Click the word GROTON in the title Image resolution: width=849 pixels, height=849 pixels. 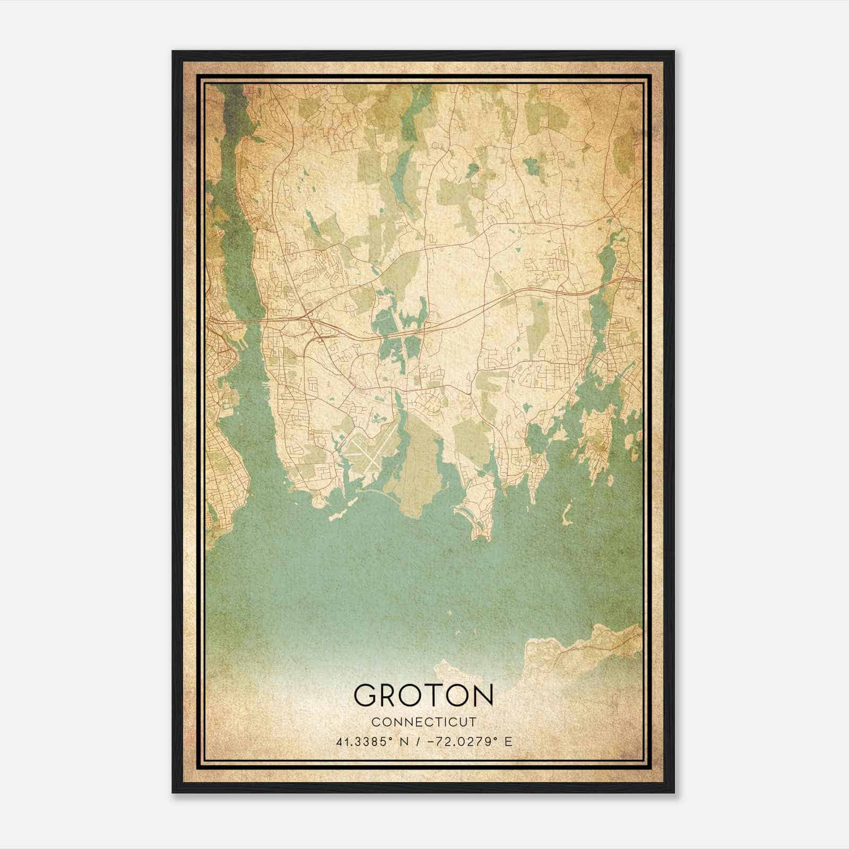click(x=423, y=695)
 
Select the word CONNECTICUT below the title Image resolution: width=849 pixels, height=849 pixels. click(x=423, y=722)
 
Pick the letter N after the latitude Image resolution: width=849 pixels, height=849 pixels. click(x=404, y=741)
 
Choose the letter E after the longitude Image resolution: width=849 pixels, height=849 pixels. click(x=508, y=741)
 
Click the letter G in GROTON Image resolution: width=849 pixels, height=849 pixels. click(x=366, y=695)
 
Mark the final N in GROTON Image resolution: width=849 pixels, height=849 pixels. click(x=481, y=695)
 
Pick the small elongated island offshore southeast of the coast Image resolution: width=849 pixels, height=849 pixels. click(x=567, y=512)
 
